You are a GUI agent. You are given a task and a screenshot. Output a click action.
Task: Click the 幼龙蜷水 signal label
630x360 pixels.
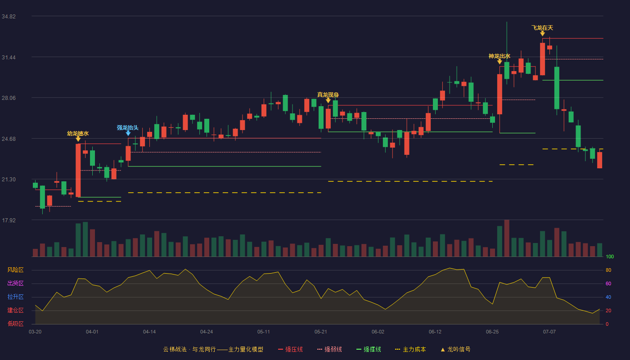point(78,133)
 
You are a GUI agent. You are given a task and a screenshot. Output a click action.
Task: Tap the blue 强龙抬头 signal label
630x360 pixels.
point(128,128)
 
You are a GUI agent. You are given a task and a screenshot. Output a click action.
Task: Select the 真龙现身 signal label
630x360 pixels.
point(328,95)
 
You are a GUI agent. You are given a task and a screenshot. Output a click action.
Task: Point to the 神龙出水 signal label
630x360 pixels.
point(499,56)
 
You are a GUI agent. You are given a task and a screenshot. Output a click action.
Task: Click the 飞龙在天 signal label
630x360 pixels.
point(542,28)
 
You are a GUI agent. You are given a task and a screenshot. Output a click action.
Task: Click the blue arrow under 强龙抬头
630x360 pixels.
point(128,133)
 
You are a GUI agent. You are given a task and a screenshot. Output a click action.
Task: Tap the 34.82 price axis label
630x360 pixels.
point(9,17)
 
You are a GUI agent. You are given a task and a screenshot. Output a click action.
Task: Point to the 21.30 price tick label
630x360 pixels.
point(9,180)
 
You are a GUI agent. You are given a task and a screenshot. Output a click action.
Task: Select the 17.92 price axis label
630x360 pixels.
point(9,220)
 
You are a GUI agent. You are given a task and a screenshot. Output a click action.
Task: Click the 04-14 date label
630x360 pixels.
point(149,332)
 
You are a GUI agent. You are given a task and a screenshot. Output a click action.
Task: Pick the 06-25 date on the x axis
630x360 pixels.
point(492,332)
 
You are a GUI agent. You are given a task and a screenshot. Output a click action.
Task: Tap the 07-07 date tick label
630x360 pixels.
point(549,332)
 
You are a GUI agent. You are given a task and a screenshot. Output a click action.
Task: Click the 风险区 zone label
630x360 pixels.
point(15,270)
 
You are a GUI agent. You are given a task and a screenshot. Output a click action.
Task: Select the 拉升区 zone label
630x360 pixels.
point(15,297)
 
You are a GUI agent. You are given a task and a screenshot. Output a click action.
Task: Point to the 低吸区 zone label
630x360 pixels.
point(15,324)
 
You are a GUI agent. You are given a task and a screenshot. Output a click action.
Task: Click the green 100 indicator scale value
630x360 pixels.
point(610,256)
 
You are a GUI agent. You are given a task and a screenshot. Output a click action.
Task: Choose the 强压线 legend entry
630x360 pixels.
point(290,349)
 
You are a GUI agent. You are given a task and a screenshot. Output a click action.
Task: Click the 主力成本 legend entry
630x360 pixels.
point(410,349)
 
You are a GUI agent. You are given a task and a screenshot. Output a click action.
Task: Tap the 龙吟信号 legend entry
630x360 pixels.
point(455,349)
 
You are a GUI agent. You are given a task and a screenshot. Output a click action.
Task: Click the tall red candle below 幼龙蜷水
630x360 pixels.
point(78,171)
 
